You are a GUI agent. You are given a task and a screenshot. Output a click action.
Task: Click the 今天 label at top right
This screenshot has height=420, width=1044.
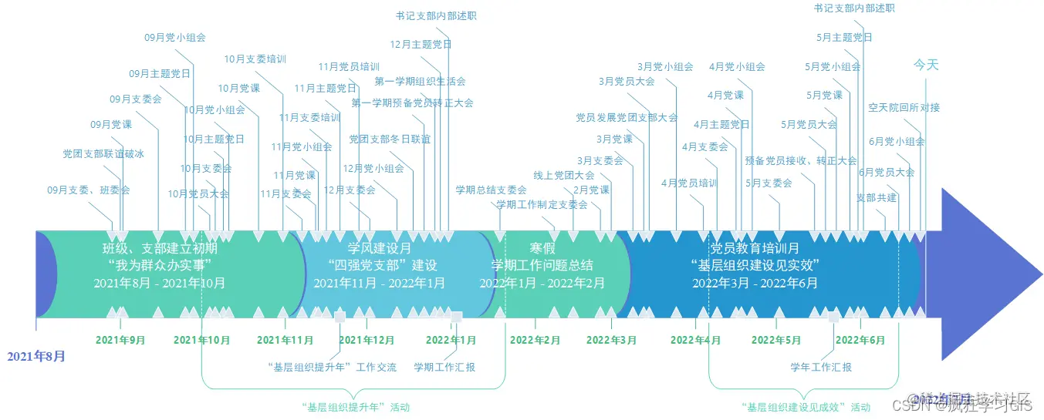(926, 66)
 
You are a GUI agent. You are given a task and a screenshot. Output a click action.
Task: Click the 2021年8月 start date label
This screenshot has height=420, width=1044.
(36, 356)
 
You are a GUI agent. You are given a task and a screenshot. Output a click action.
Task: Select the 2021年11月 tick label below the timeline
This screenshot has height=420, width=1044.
(285, 340)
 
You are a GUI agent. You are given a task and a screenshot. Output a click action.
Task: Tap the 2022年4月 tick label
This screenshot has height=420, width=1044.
(695, 340)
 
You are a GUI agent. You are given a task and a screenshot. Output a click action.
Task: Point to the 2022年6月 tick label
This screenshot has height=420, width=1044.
(860, 340)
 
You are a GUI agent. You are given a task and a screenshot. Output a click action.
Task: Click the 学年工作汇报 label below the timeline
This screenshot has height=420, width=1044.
(821, 368)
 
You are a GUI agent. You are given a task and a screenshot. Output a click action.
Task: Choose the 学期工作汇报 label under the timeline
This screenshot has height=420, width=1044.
(444, 368)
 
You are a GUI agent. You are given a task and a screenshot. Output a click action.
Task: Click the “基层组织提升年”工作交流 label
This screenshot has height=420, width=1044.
(332, 368)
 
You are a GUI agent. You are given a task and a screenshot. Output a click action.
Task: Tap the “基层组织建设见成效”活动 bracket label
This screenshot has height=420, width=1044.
(805, 407)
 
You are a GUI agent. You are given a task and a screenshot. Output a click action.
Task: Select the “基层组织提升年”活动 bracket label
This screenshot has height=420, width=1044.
(356, 407)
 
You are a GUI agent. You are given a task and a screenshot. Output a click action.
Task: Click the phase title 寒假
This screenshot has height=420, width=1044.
(542, 248)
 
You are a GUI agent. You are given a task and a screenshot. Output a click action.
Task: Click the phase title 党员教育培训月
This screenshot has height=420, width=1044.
(754, 248)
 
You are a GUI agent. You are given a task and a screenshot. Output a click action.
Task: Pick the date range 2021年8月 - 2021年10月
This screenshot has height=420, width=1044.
(160, 283)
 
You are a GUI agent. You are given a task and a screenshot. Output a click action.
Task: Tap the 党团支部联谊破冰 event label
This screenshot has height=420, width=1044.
(103, 154)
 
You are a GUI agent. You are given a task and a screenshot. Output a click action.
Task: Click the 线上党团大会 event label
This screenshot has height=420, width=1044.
(564, 175)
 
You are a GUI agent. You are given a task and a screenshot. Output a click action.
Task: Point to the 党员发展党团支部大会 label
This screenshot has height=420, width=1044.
(627, 118)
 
